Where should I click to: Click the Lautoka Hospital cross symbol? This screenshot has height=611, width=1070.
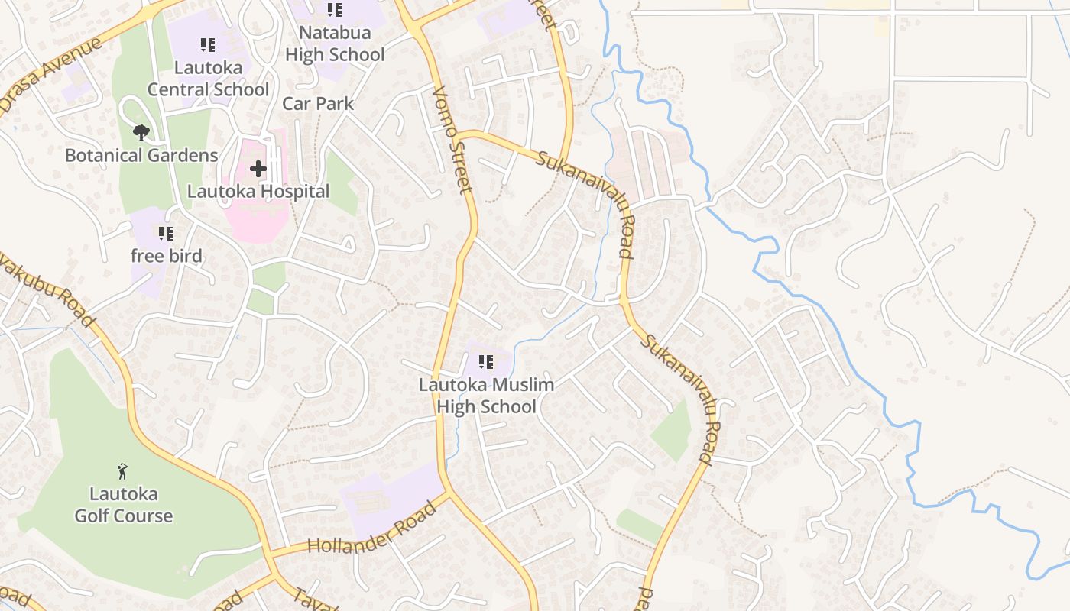coord(258,168)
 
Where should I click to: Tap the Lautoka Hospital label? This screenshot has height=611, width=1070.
coord(258,192)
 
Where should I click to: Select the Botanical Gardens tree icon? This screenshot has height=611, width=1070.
coord(141,133)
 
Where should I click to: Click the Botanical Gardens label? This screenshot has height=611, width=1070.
coord(141,156)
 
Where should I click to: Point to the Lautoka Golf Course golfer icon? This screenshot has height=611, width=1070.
coord(122,470)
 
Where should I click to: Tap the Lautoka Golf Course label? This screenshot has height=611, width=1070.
coord(123,505)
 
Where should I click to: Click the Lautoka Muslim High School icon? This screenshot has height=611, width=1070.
coord(485,362)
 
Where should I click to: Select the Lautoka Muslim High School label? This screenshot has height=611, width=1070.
coord(486,396)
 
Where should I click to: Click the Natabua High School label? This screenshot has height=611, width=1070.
coord(335,44)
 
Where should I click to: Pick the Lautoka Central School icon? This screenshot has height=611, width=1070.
coord(208,45)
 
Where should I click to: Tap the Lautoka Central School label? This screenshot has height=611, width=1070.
coord(208,78)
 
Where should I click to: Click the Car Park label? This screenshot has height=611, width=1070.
coord(318,103)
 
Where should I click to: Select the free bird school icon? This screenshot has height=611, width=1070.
coord(165,234)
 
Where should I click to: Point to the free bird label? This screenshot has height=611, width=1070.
coord(166,256)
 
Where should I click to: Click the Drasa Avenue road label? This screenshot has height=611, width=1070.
coord(50,76)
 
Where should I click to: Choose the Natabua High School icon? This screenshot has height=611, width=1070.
coord(334,10)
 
